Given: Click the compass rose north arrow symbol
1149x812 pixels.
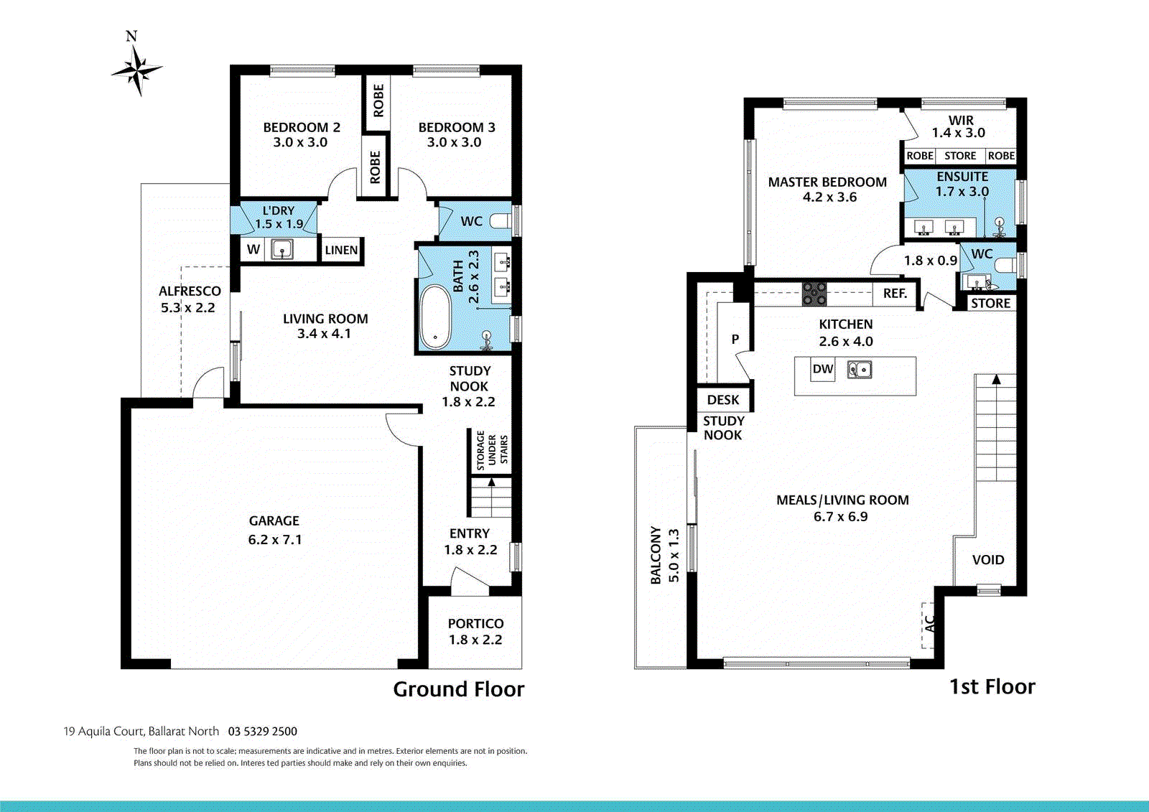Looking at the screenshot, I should click(136, 69).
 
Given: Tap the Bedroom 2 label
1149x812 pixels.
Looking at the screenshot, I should click(301, 128).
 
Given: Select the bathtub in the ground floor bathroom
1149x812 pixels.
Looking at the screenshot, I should click(434, 317).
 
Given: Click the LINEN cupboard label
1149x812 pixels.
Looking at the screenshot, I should click(341, 250).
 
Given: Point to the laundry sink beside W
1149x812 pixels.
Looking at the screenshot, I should click(282, 250).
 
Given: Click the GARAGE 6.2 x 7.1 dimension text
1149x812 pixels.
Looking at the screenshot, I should click(275, 539).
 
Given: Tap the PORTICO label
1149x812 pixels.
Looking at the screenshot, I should click(475, 624).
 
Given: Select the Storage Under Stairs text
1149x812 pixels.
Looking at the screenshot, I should click(492, 451).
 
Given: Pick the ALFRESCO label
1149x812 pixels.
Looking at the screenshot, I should click(190, 291).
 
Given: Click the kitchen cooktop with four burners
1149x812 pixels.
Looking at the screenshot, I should click(814, 294).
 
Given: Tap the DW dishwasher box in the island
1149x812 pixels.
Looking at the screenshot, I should click(823, 370).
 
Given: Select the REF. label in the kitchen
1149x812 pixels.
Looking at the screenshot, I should click(895, 293).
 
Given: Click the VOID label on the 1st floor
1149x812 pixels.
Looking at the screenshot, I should click(988, 560).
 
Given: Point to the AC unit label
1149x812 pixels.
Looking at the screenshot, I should click(929, 623).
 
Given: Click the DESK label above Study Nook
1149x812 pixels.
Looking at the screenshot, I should click(723, 400).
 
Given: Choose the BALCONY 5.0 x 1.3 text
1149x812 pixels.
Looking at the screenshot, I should click(664, 555).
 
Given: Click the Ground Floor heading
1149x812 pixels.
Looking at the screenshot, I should click(458, 689).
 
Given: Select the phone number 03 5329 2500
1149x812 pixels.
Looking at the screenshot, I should click(263, 732).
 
